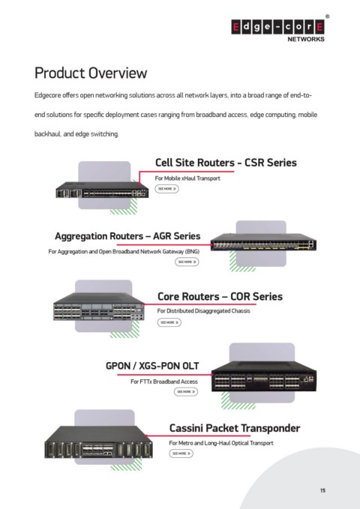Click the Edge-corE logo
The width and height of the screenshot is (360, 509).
tap(277, 28)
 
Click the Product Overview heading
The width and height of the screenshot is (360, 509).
tap(91, 73)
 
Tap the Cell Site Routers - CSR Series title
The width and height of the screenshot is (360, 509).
tap(226, 163)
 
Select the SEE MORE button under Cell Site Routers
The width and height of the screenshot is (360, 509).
tap(166, 189)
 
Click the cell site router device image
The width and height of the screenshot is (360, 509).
tap(102, 190)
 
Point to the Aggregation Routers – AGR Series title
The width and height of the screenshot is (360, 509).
tap(127, 236)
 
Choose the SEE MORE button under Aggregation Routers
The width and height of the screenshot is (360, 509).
tap(187, 262)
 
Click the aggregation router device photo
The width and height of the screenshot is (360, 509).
tap(263, 242)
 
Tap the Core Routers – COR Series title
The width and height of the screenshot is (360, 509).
tap(220, 296)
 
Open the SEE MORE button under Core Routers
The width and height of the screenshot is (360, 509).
tap(169, 322)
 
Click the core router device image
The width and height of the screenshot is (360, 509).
tap(99, 307)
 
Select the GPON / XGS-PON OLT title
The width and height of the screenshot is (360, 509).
tap(152, 366)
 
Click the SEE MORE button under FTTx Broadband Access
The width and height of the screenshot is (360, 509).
tap(186, 391)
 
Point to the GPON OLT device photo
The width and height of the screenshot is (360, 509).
tap(263, 376)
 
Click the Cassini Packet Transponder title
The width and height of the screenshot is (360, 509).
tap(235, 428)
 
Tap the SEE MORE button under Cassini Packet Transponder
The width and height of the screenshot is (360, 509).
tap(181, 454)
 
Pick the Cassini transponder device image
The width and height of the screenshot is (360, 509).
tap(98, 442)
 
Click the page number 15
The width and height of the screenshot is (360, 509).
tap(322, 490)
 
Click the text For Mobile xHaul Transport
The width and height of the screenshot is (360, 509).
tap(187, 178)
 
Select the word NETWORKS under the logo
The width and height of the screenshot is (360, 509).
tap(306, 39)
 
